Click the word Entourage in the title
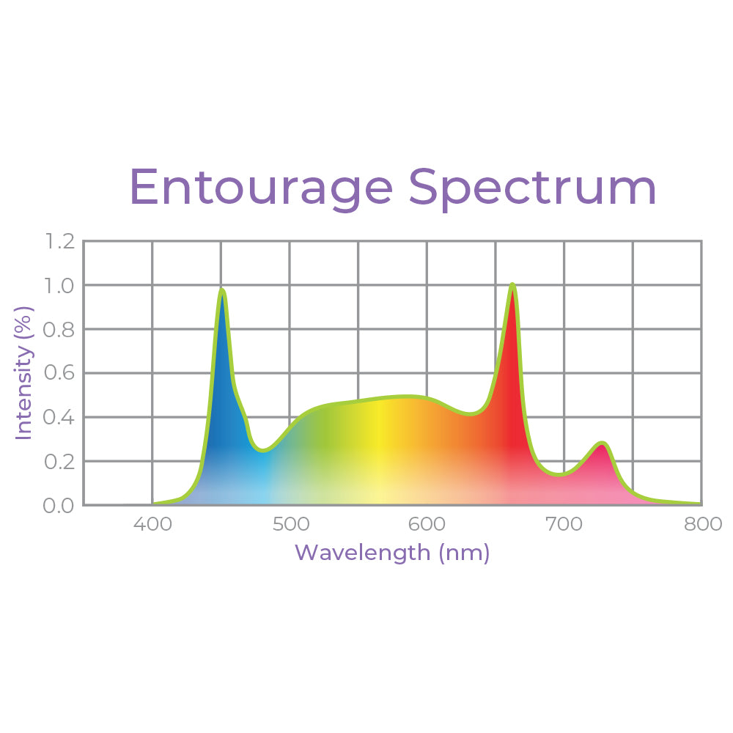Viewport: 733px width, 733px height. pyautogui.click(x=261, y=188)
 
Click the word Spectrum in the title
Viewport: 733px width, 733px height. pyautogui.click(x=532, y=188)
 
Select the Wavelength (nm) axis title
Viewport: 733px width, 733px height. pyautogui.click(x=392, y=552)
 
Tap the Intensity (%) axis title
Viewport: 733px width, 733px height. pyautogui.click(x=25, y=373)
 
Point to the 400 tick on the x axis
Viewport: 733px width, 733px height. pyautogui.click(x=152, y=524)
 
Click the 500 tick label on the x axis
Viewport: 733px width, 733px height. pyautogui.click(x=290, y=524)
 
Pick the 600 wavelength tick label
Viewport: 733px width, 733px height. pyautogui.click(x=427, y=524)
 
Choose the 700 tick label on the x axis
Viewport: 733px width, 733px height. pyautogui.click(x=564, y=524)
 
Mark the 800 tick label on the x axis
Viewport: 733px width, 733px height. pyautogui.click(x=701, y=524)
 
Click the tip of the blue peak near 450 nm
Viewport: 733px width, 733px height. pyautogui.click(x=221, y=290)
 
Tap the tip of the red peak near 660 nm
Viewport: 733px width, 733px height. pyautogui.click(x=512, y=284)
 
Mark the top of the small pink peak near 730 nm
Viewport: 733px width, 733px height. pyautogui.click(x=602, y=443)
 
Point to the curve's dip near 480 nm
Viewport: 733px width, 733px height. pyautogui.click(x=262, y=450)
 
